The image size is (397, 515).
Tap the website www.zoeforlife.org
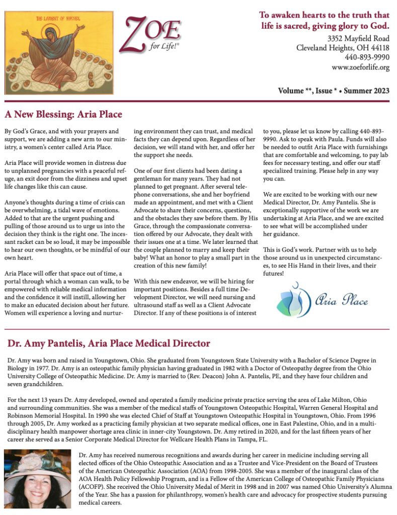pyautogui.click(x=360, y=67)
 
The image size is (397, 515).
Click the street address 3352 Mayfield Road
pyautogui.click(x=358, y=38)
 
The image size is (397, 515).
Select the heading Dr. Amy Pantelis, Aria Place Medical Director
pyautogui.click(x=108, y=344)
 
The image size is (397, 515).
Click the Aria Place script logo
pyautogui.click(x=323, y=300)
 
